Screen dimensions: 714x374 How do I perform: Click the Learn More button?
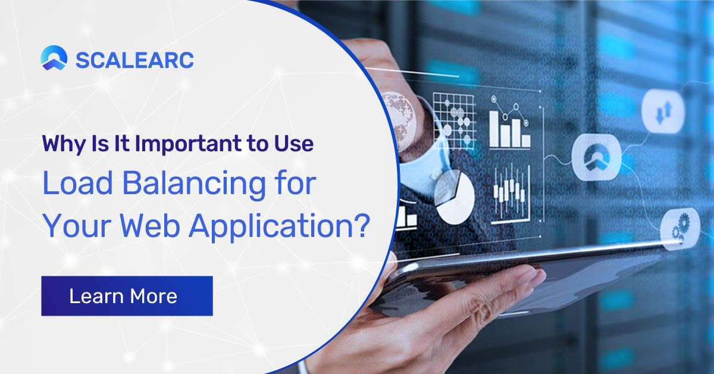tap(127, 296)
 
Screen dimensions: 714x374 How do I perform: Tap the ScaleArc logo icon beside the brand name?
tap(54, 58)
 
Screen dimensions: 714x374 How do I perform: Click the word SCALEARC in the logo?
tap(134, 60)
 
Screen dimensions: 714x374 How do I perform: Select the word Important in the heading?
tap(189, 144)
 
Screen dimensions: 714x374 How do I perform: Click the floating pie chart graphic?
tap(454, 198)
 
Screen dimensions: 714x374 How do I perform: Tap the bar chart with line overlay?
tap(510, 122)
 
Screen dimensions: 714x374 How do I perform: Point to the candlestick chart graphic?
tap(511, 194)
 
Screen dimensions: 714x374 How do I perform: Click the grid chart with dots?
tap(454, 121)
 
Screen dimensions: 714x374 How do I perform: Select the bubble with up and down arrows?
tap(663, 111)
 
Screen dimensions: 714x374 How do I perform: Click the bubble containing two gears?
tap(679, 229)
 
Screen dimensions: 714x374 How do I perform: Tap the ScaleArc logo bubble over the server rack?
tap(597, 157)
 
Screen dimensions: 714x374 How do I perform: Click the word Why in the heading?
tap(64, 144)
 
